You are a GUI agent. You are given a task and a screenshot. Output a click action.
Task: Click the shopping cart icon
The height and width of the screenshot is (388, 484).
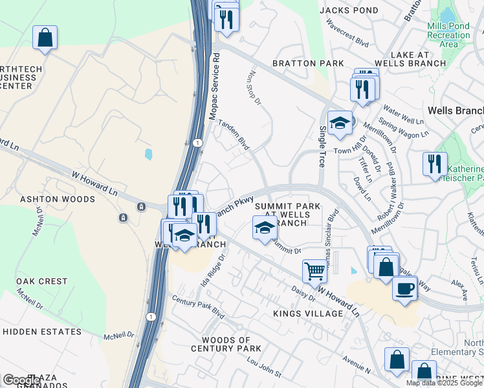(315, 271)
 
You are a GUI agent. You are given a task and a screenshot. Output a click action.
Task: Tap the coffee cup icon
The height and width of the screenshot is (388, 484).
(405, 288)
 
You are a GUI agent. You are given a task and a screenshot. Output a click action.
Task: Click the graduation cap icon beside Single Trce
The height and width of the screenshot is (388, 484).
(340, 123)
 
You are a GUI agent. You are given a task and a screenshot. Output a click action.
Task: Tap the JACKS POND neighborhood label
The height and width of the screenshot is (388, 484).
(349, 10)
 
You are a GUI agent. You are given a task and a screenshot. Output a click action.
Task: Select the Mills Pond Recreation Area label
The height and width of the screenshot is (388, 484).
(448, 35)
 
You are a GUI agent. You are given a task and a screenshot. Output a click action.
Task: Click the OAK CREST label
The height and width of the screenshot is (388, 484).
(42, 281)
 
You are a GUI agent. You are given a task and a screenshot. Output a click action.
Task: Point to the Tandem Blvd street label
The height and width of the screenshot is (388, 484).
(233, 134)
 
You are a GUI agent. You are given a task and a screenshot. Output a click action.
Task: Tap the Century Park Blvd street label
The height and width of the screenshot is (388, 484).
(197, 307)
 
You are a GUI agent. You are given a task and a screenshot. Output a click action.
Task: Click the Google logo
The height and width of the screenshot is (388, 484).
(21, 380)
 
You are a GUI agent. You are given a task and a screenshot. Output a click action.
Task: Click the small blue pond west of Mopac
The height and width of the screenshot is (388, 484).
(149, 154)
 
